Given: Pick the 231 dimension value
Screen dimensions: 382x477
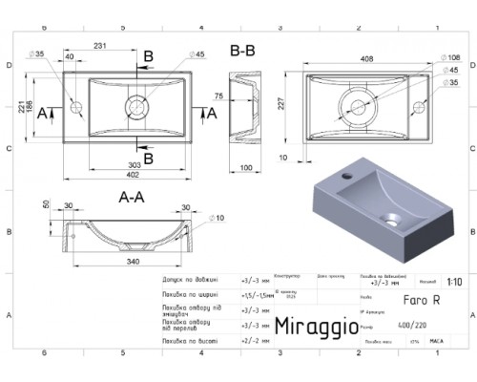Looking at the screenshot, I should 98,45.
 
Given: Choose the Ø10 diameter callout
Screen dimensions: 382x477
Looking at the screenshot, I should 220,220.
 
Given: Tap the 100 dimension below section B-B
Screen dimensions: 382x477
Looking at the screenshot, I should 244,168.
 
